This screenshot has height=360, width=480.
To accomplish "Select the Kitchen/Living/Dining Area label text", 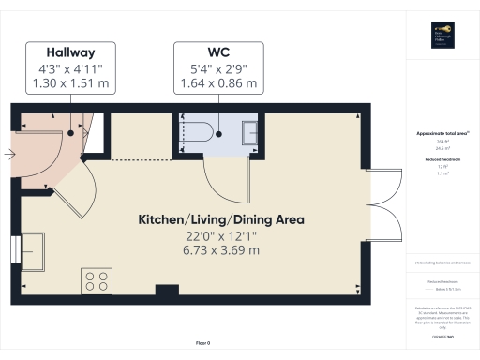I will click(x=221, y=219).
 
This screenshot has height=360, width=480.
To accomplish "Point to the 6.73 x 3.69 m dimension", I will click(x=221, y=250).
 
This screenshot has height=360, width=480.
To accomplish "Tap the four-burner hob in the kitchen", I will click(x=96, y=281).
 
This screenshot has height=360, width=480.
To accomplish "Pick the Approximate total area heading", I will click(x=442, y=133).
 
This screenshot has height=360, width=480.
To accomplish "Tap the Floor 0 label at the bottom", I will click(x=202, y=344).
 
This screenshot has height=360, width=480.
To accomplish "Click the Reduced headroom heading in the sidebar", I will click(x=442, y=160).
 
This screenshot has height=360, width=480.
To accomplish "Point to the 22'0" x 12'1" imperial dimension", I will click(x=221, y=235).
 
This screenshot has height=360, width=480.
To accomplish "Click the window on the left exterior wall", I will click(x=16, y=251).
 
